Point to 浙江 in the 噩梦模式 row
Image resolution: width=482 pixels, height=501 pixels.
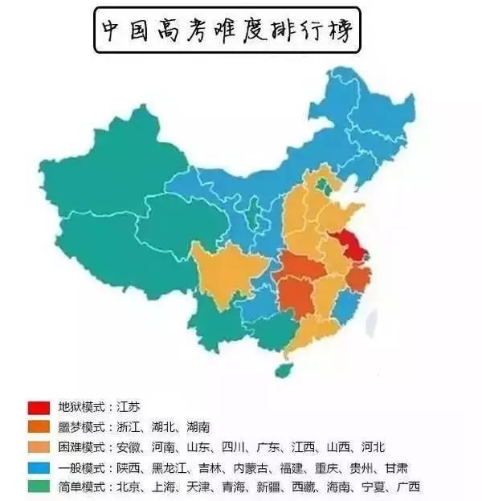coord(132,426)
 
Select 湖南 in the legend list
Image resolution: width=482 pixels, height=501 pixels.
coord(216,426)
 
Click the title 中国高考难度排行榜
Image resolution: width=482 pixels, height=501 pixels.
coord(227,30)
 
